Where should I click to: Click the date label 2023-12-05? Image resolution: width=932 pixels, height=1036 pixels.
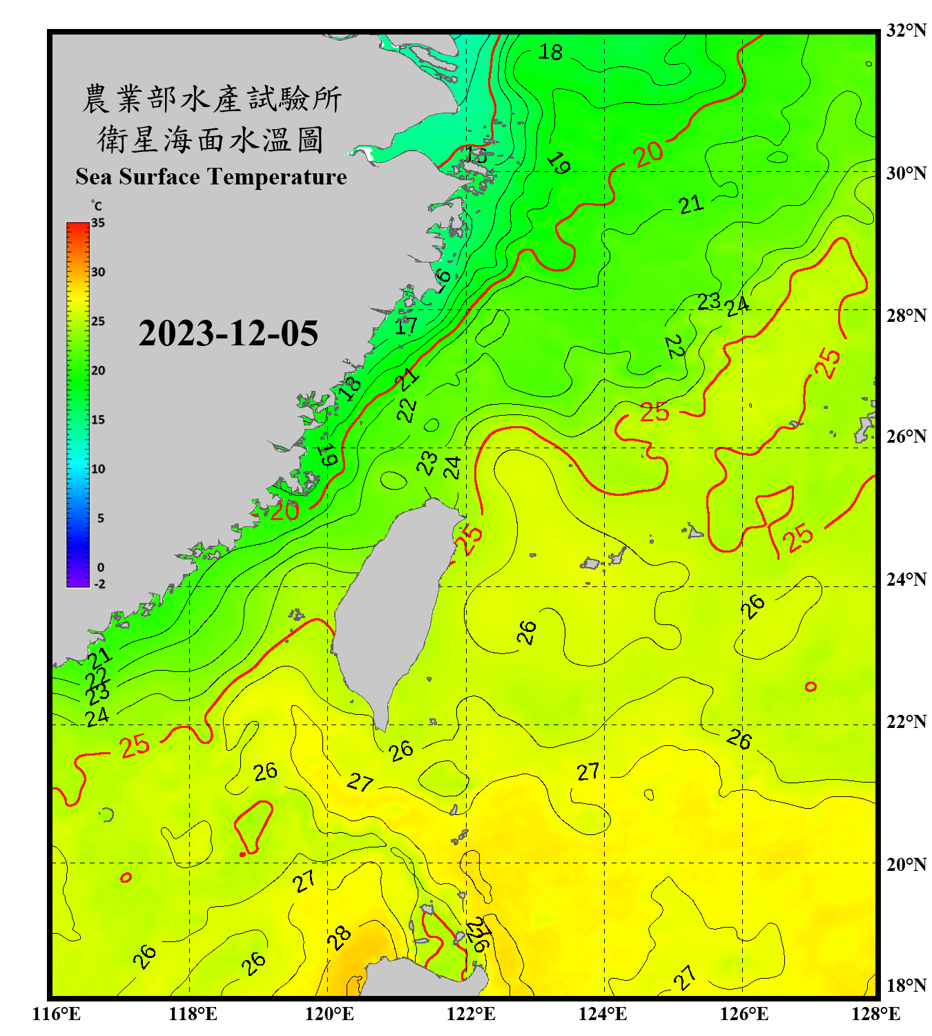coord(228,334)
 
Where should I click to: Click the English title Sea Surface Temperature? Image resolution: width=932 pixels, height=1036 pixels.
coord(211,177)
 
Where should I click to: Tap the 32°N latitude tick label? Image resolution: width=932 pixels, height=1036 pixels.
coord(906,30)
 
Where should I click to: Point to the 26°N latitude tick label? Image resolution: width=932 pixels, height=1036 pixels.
coord(906,437)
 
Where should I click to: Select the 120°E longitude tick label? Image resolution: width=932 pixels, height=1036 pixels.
coord(329,1014)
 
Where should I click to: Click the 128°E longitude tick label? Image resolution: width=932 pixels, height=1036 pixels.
coord(875,1014)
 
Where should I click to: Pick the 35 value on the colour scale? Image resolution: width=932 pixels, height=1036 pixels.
coord(98,223)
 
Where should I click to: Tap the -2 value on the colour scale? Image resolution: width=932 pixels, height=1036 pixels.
coord(99,584)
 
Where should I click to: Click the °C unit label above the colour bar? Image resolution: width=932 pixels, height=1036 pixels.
coord(97,206)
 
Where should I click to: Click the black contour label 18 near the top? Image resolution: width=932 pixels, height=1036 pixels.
coord(550,52)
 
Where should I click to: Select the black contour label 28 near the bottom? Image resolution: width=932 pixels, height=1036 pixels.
coord(339,938)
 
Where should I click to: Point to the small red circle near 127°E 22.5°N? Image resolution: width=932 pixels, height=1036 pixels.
coord(810,687)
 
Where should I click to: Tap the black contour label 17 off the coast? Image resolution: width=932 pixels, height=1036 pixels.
coord(406,325)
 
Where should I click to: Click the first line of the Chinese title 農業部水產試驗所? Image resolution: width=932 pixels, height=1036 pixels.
coord(211,99)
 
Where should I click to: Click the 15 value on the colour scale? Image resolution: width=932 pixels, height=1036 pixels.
coord(98,420)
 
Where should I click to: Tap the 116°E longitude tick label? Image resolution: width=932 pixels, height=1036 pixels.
coord(57,1014)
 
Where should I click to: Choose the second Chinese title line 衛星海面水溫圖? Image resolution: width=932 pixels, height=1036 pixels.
coord(211,140)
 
